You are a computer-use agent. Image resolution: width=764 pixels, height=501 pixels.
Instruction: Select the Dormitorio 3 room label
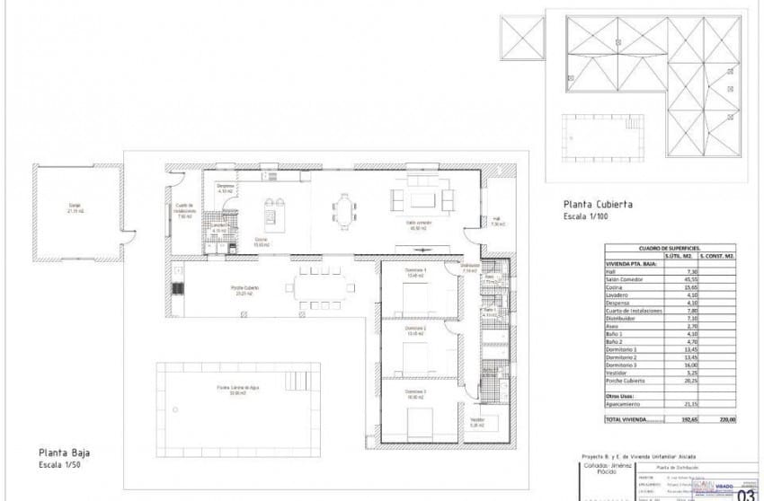click(x=414, y=392)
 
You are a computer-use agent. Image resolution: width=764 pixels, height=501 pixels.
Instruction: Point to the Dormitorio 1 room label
click(x=415, y=272)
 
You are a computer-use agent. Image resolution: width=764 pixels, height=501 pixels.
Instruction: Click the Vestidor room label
click(x=477, y=421)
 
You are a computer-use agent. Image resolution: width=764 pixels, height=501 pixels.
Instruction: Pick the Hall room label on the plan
click(x=496, y=220)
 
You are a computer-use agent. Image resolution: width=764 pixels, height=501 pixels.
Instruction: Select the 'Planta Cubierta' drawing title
click(x=599, y=204)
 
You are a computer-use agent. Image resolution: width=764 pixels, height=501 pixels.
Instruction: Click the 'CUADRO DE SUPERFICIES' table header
click(x=670, y=248)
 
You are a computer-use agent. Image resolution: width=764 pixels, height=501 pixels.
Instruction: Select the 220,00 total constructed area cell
click(x=726, y=418)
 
